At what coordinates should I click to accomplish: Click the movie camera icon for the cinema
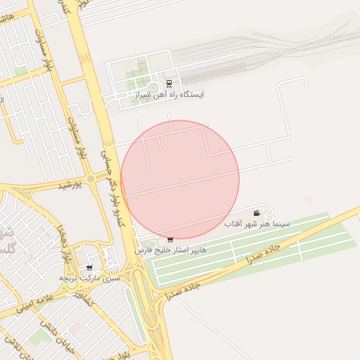[x=257, y=213]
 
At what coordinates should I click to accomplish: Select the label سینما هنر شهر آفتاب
[x=257, y=223]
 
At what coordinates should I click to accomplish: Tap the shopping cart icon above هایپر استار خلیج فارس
[x=170, y=240]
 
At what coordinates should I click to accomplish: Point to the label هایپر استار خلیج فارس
[x=173, y=250]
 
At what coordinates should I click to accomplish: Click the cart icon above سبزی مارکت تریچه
[x=89, y=268]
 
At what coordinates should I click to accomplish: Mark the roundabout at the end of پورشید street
[x=91, y=179]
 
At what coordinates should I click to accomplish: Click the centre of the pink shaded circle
[x=180, y=179]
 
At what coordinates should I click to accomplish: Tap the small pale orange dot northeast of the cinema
[x=308, y=199]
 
